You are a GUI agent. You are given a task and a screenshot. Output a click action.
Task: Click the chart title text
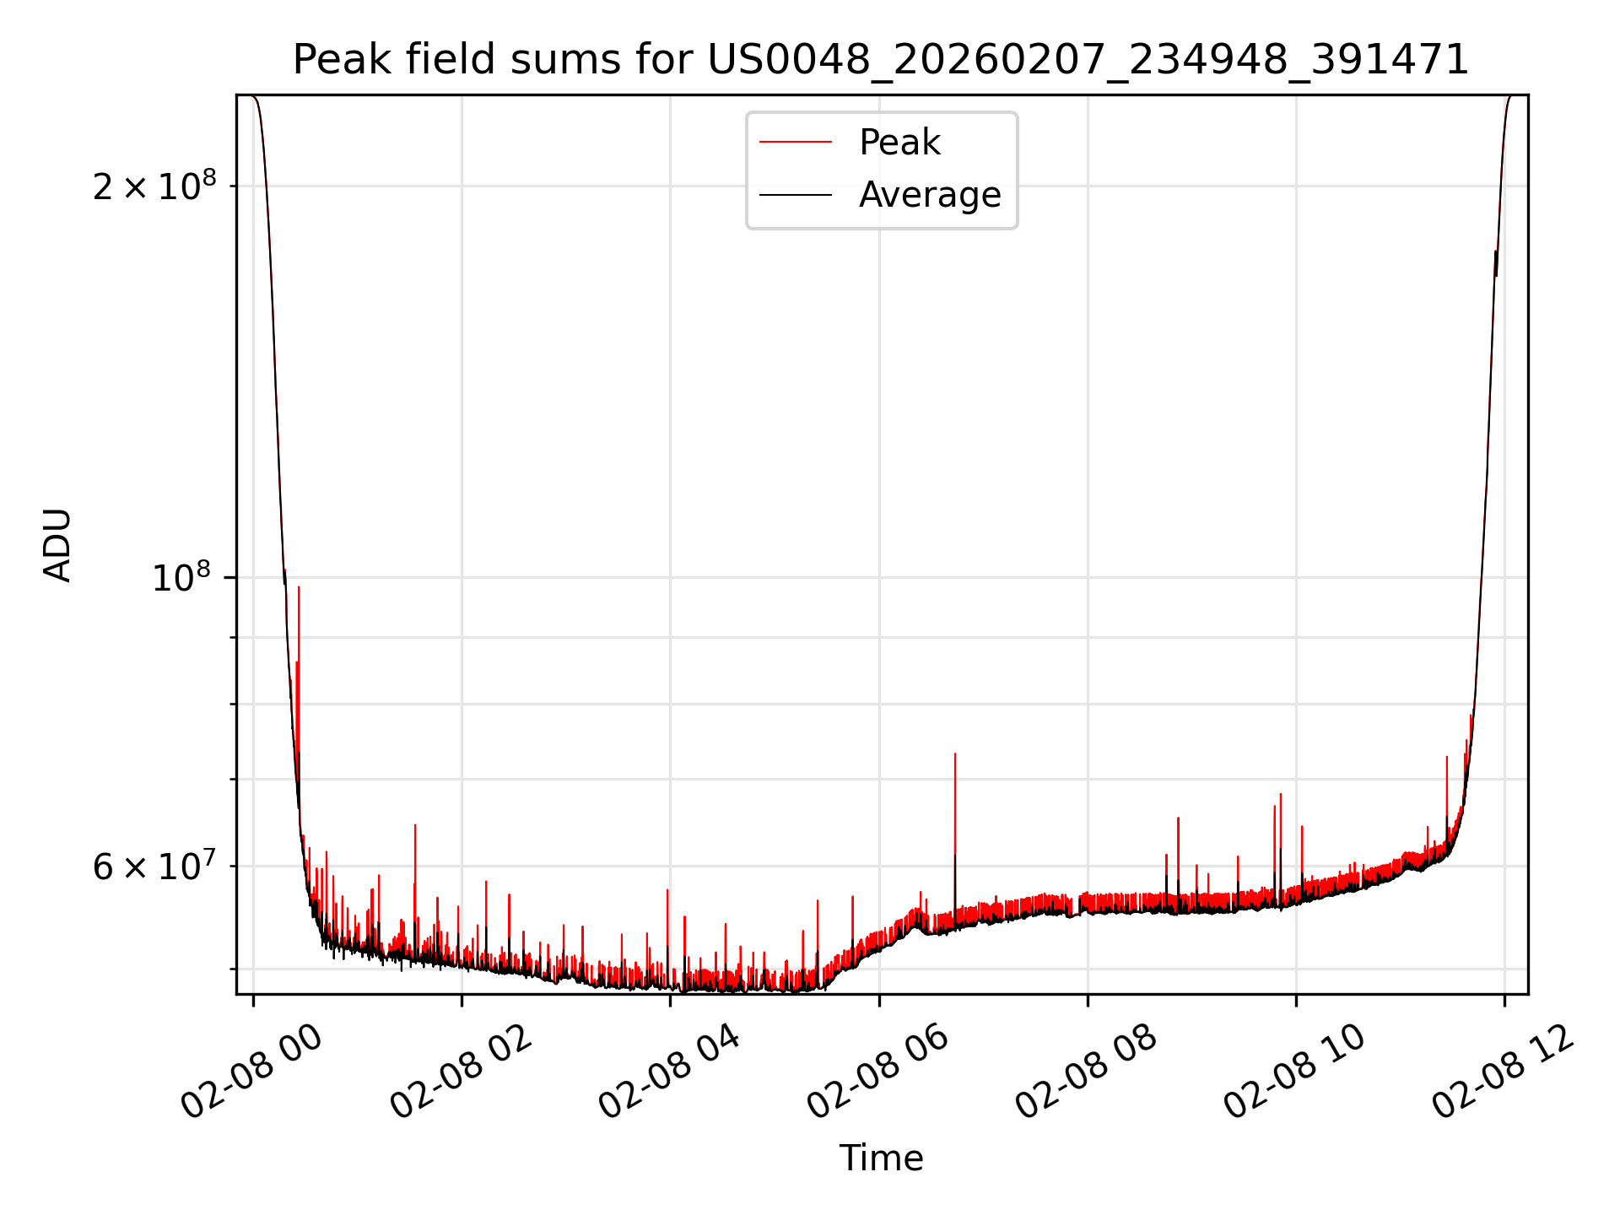[881, 60]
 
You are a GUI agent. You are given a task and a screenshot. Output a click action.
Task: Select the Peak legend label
[899, 143]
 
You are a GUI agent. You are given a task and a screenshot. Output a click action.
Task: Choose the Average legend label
[929, 195]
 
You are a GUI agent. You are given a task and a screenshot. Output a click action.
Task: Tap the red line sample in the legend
[795, 143]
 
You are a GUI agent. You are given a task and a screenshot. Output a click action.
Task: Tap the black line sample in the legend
[795, 195]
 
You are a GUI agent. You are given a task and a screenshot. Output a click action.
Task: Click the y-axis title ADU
[57, 545]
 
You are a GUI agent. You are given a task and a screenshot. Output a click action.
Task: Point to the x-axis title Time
[881, 1158]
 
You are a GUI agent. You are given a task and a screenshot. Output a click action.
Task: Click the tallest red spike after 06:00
[954, 754]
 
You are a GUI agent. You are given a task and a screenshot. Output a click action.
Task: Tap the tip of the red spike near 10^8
[299, 587]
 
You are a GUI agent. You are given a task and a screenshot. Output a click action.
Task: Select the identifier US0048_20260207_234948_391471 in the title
[1088, 60]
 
